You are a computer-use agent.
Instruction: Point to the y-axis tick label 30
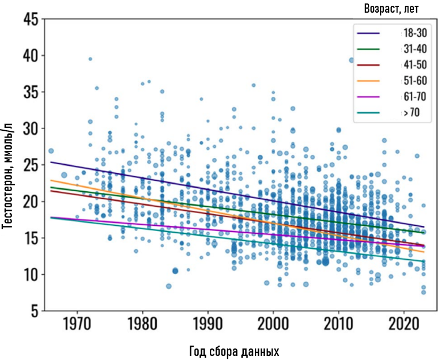click(31, 129)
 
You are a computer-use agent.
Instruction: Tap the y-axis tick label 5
click(35, 312)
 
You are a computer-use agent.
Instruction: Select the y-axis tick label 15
click(31, 238)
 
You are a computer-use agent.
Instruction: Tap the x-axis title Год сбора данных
click(233, 351)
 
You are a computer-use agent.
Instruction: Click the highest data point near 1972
click(90, 59)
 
